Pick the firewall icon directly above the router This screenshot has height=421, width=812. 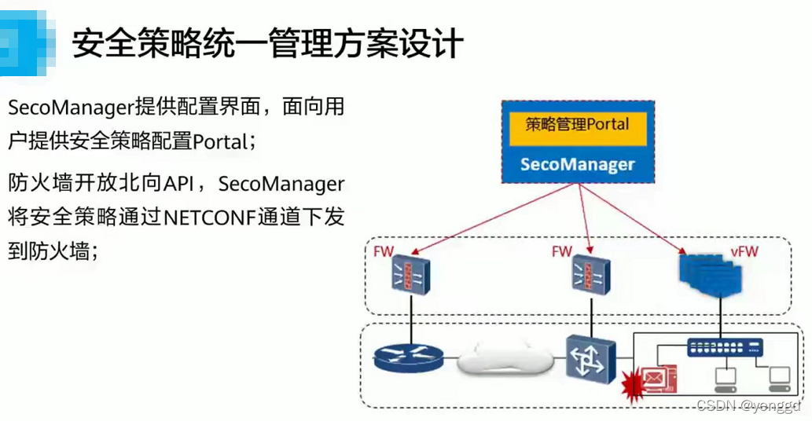click(410, 274)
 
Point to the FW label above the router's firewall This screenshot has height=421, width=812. click(384, 251)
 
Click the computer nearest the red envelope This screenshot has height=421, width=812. click(725, 381)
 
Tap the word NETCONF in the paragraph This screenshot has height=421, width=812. click(210, 217)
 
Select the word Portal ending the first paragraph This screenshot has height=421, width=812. click(222, 141)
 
